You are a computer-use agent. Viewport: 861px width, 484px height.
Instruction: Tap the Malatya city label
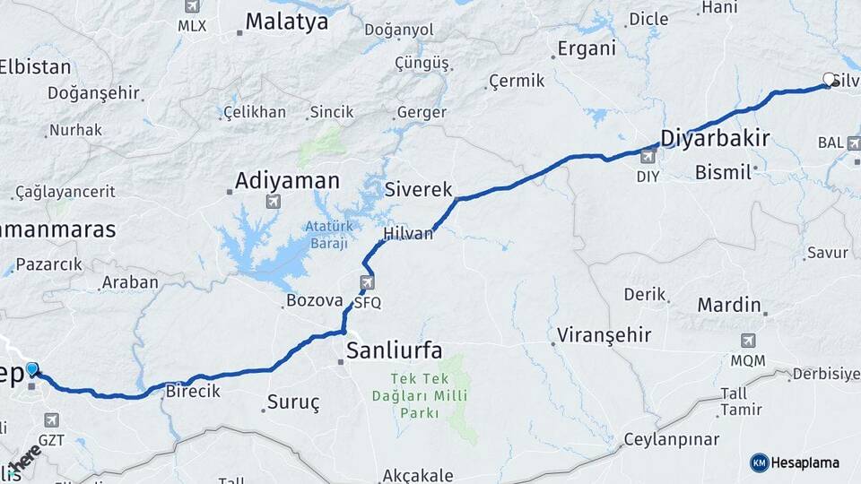(287, 22)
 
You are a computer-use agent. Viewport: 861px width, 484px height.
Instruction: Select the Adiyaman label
(287, 181)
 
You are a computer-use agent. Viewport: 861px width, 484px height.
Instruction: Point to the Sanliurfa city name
(395, 350)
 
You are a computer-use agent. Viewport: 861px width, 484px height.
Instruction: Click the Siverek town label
(419, 189)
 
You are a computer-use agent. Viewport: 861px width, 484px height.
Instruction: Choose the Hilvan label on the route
(408, 234)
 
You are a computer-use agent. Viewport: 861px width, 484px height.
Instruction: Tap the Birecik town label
(193, 392)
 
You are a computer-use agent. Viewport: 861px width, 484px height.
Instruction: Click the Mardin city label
(729, 305)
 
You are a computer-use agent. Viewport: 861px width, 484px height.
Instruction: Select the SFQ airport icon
(367, 284)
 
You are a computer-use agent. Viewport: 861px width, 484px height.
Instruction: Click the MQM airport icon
(747, 341)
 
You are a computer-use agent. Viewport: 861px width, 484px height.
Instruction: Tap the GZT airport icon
(51, 419)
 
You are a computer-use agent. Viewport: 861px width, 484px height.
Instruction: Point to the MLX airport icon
(191, 6)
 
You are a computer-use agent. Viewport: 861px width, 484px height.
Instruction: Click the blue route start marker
(32, 369)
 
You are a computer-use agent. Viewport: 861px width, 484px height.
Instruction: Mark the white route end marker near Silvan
(829, 79)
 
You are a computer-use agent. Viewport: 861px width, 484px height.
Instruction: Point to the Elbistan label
(34, 66)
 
